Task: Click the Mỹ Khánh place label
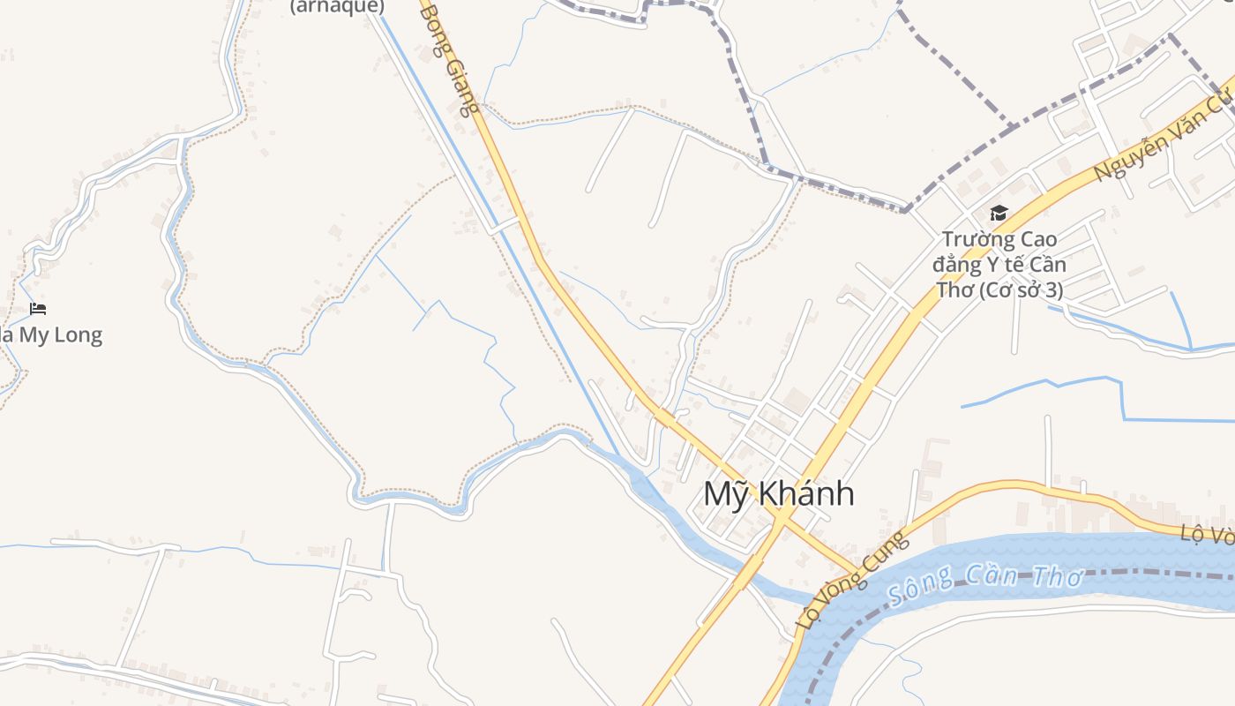pos(779,494)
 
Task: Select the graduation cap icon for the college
pos(999,213)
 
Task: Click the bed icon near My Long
pos(38,309)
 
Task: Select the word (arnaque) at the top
pos(338,7)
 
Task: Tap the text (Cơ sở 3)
pos(1024,289)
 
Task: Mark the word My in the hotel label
pos(30,335)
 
